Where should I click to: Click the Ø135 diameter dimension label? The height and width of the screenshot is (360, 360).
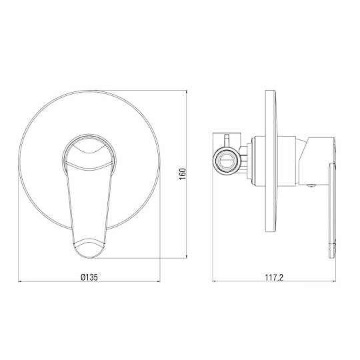(89, 277)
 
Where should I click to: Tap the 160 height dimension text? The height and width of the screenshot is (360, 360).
(183, 174)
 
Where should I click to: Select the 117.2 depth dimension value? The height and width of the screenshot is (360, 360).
(274, 277)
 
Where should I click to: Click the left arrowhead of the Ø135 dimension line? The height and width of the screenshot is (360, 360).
(20, 281)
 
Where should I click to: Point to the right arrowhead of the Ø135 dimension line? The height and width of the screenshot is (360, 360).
(158, 281)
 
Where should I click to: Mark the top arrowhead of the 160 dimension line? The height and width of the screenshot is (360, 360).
(187, 92)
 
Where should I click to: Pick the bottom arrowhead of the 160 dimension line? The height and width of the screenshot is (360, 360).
(187, 256)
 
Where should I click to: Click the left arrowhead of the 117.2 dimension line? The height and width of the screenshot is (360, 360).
(215, 281)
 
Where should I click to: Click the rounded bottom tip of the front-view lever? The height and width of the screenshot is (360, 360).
(89, 257)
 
